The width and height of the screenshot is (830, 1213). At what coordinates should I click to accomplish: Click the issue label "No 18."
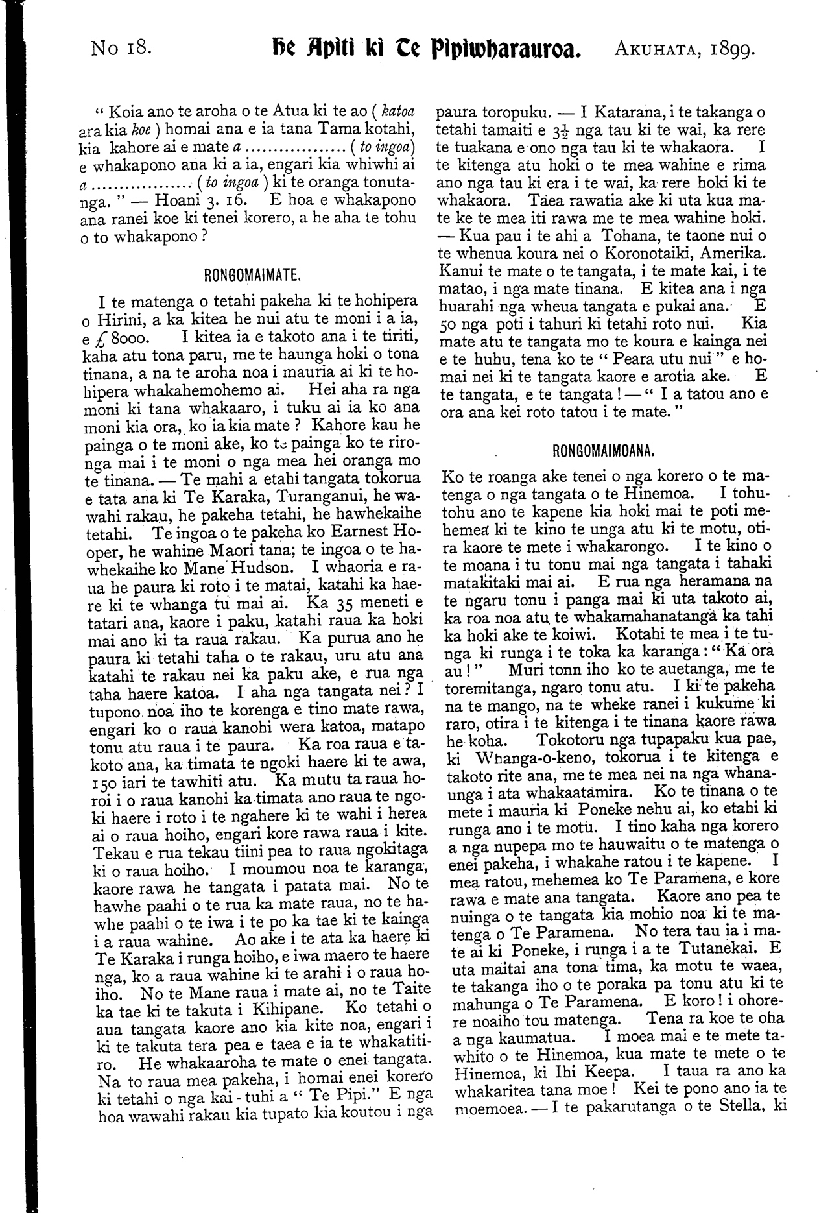(123, 47)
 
